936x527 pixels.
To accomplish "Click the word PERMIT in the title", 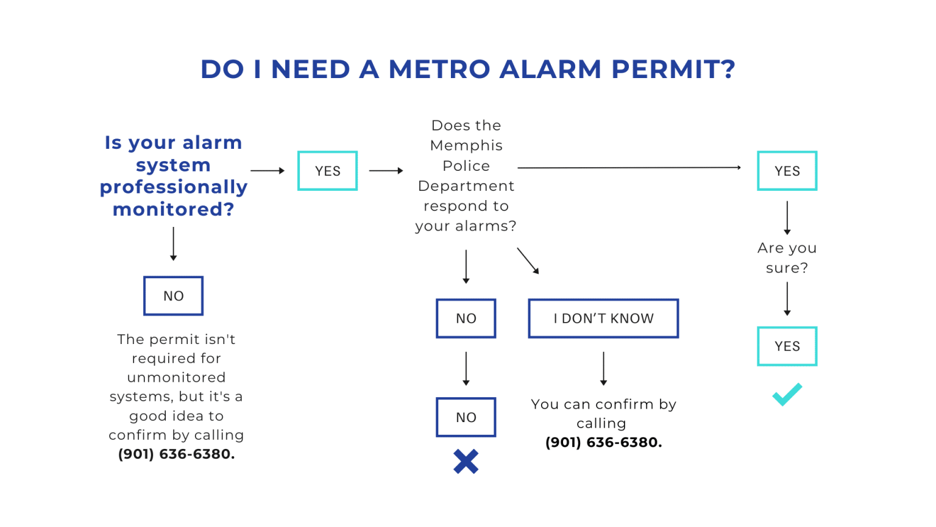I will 673,70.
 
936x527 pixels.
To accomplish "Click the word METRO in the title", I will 439,70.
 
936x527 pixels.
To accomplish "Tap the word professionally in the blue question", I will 174,187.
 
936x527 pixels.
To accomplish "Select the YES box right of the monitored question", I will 327,171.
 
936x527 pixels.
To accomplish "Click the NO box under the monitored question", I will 173,296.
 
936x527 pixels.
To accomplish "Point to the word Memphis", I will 466,146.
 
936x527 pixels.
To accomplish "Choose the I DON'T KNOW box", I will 603,318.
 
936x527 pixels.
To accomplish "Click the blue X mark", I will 466,462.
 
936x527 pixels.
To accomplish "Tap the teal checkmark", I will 787,395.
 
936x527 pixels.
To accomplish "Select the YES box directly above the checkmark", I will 787,346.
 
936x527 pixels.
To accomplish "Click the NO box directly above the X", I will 466,417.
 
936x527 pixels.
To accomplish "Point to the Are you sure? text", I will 787,258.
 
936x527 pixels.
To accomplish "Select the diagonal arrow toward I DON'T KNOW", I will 528,260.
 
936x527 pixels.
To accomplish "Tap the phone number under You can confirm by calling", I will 603,443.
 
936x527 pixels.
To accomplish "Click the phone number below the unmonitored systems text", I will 176,454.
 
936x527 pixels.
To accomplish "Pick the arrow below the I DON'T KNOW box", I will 603,368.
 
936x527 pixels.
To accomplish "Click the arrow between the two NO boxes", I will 466,368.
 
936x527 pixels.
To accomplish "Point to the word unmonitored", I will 176,378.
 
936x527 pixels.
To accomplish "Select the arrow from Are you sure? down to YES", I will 787,299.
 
